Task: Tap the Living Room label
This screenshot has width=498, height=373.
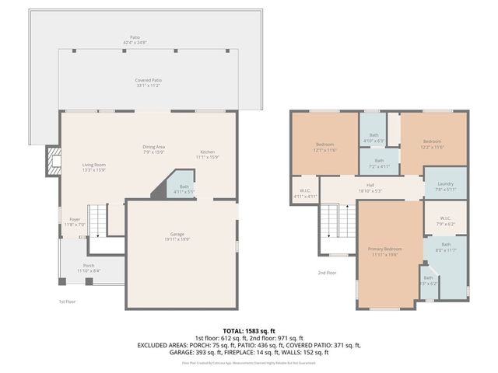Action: pyautogui.click(x=94, y=165)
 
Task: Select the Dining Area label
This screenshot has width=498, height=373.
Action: pyautogui.click(x=153, y=146)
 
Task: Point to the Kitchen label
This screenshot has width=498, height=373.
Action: pyautogui.click(x=207, y=152)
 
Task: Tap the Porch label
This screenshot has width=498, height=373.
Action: pyautogui.click(x=89, y=266)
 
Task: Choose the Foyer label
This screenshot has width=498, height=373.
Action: pyautogui.click(x=74, y=219)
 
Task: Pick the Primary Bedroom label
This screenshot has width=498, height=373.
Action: pyautogui.click(x=384, y=249)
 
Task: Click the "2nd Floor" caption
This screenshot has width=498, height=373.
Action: pyautogui.click(x=327, y=273)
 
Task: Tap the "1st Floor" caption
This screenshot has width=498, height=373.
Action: pyautogui.click(x=67, y=301)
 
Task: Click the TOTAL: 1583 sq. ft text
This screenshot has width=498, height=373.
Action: pyautogui.click(x=250, y=332)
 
